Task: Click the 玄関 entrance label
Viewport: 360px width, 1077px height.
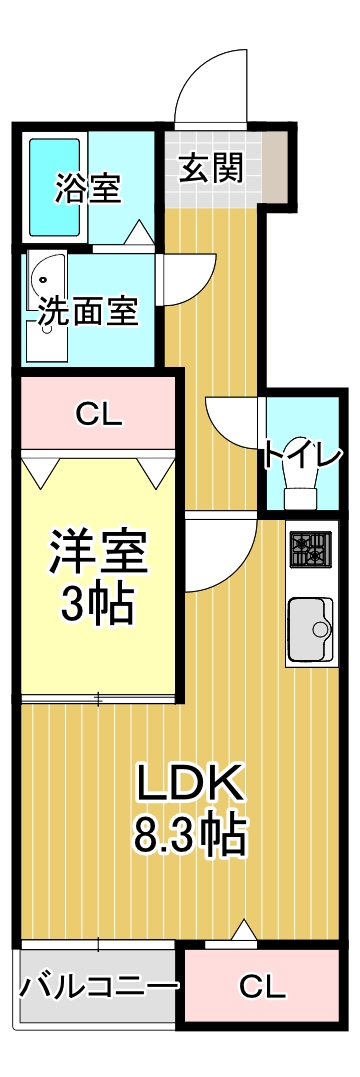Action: coord(211,168)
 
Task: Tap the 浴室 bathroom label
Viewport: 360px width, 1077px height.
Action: coord(89,187)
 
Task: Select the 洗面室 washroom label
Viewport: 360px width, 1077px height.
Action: coord(88,312)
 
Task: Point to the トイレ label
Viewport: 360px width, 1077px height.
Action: coord(303,455)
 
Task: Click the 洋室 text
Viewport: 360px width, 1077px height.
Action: coord(99,553)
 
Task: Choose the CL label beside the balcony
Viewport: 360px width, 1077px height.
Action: coord(262,987)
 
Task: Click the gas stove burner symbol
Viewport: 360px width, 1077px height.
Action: coord(310,548)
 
